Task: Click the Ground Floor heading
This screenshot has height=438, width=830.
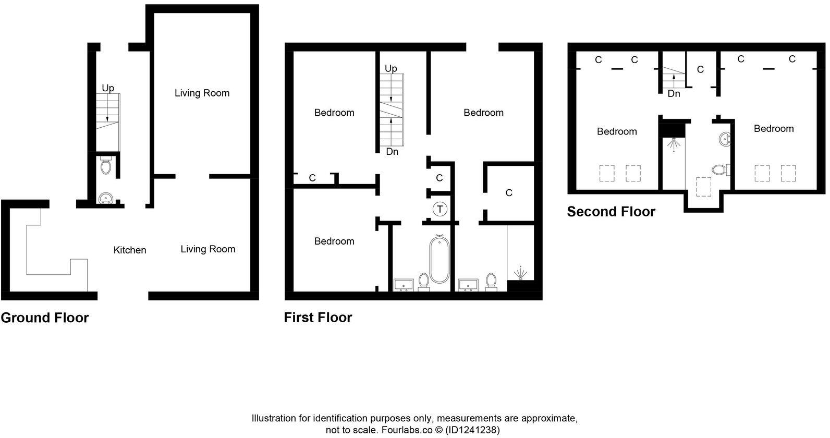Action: pos(45,318)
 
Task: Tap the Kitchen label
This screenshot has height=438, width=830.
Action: pos(130,250)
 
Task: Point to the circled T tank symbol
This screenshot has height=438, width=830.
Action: pos(440,210)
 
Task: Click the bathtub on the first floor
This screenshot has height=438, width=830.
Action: pos(439,259)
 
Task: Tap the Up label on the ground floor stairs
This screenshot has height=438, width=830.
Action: pos(108,89)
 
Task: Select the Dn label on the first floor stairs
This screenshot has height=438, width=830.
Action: pos(392,152)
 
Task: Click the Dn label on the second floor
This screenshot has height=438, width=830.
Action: pos(674,94)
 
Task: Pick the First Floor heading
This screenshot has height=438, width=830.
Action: pos(318,318)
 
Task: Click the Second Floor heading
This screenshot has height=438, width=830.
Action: pos(611,212)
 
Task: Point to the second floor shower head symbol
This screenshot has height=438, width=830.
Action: pos(673,143)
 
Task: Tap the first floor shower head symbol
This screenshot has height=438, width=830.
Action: pos(520,273)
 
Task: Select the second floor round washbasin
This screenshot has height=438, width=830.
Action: pos(725,139)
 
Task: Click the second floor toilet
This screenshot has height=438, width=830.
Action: pos(720,169)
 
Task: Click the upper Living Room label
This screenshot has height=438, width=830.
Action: pos(202,93)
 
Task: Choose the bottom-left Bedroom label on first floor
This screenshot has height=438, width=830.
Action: pos(334,241)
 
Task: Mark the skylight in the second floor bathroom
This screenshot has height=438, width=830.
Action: pos(704,186)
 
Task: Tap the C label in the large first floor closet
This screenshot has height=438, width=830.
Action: pos(509,193)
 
